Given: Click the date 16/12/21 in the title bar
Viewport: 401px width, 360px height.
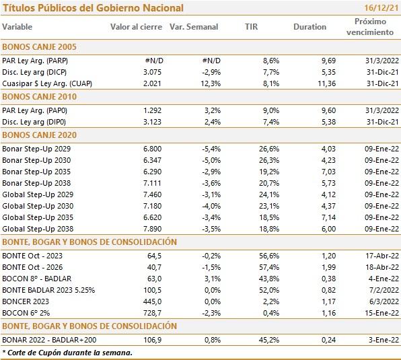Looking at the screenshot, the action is pyautogui.click(x=381, y=7).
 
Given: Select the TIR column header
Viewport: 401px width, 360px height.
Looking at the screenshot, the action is pyautogui.click(x=252, y=27).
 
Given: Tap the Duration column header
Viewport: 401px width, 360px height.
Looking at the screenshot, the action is pyautogui.click(x=309, y=27).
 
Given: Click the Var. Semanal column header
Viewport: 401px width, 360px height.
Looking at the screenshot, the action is pyautogui.click(x=194, y=27).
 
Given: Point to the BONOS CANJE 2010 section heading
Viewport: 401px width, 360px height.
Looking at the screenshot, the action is pyautogui.click(x=40, y=97).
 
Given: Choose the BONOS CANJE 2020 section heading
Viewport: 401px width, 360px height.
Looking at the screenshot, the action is pyautogui.click(x=40, y=135).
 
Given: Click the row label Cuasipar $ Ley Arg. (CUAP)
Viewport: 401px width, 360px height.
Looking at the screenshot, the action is pyautogui.click(x=47, y=83).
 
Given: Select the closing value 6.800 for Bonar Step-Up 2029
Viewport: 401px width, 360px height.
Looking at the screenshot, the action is pyautogui.click(x=153, y=149).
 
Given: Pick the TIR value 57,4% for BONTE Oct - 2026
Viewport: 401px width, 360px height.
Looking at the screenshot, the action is pyautogui.click(x=269, y=267).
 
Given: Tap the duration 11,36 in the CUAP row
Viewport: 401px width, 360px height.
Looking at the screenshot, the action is pyautogui.click(x=326, y=83).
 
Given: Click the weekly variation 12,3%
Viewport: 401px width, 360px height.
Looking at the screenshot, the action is pyautogui.click(x=211, y=83).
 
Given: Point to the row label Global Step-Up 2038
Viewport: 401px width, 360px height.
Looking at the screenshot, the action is pyautogui.click(x=38, y=229).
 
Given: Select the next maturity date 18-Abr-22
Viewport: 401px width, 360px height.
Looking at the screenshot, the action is pyautogui.click(x=382, y=267).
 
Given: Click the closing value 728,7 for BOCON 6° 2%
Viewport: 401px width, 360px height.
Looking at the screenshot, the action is pyautogui.click(x=153, y=313).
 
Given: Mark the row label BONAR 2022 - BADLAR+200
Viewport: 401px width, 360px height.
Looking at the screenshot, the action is pyautogui.click(x=49, y=340).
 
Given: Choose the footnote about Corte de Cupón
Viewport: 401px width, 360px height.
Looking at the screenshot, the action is pyautogui.click(x=67, y=353).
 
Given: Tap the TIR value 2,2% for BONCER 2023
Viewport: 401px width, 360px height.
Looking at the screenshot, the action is pyautogui.click(x=271, y=301).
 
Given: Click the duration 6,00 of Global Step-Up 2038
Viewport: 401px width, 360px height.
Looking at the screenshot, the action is pyautogui.click(x=328, y=229).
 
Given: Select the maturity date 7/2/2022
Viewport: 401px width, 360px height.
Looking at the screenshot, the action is pyautogui.click(x=384, y=290).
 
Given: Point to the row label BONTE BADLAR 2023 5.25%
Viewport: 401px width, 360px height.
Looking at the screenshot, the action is pyautogui.click(x=48, y=290).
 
